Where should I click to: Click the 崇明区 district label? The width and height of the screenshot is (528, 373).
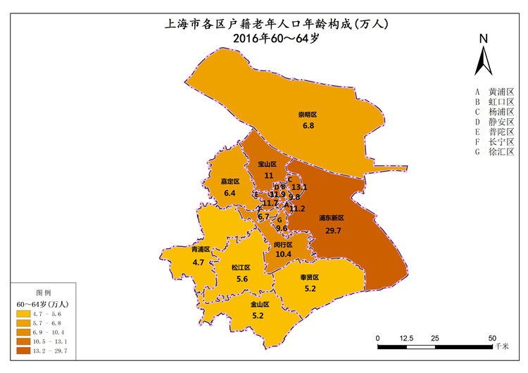point(308,114)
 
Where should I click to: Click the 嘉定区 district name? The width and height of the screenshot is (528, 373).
point(230,182)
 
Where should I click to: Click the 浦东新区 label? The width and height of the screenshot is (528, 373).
point(331,219)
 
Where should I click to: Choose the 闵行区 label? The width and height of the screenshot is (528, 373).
point(284,244)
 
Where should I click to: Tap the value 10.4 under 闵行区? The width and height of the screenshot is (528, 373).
point(284,254)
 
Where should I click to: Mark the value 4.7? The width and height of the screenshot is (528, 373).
point(199,262)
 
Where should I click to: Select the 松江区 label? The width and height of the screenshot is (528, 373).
point(241,267)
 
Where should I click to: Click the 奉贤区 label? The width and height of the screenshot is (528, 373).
point(310,277)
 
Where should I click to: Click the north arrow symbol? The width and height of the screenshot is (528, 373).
point(483,56)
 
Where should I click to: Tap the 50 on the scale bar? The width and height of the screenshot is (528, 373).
point(492,338)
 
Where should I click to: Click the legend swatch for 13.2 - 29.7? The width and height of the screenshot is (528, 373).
point(23,349)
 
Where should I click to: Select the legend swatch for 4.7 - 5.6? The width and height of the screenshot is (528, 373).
point(23,312)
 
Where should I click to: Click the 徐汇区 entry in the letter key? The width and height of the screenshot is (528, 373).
point(501,151)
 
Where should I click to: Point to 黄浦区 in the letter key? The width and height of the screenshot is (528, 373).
point(501,92)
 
